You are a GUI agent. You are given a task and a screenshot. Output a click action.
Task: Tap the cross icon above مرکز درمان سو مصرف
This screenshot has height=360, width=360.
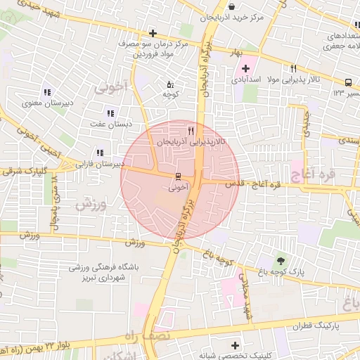153,33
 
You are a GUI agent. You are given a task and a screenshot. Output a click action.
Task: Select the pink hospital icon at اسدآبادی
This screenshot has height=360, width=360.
245,68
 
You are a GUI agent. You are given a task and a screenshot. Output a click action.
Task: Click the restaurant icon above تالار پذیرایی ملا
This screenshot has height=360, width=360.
293,68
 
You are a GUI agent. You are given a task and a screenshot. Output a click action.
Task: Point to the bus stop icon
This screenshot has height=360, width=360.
349,81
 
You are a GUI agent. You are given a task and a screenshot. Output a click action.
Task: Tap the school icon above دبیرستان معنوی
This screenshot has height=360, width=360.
47,92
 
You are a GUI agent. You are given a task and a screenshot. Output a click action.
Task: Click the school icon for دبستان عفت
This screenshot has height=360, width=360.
110,113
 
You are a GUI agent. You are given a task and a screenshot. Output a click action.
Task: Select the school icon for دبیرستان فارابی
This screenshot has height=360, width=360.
100,153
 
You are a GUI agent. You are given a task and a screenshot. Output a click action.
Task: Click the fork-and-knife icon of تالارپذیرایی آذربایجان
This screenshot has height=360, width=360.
191,131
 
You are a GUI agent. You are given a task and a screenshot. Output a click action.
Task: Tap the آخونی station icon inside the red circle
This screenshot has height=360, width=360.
178,176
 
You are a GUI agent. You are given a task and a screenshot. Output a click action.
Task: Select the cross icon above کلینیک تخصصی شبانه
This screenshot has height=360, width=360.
236,345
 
